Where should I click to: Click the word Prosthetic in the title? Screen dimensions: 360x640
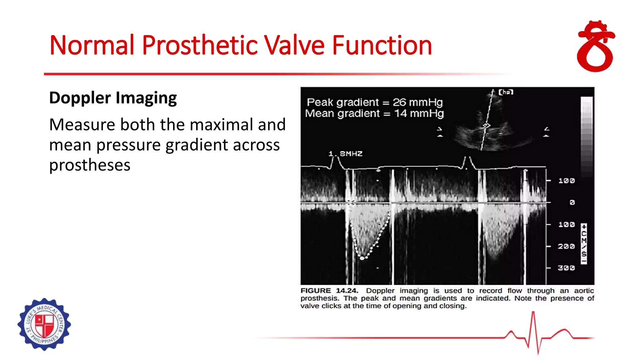200,46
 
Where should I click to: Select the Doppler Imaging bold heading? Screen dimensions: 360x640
113,98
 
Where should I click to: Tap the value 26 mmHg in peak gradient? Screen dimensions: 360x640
417,102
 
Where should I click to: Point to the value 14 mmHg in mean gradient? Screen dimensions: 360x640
419,113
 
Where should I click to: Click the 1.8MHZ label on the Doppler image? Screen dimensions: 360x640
345,154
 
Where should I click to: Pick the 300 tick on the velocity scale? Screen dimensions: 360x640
566,268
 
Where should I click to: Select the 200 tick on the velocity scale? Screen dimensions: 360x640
566,247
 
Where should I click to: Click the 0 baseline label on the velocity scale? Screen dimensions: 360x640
572,203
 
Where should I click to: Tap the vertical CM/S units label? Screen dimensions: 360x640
584,244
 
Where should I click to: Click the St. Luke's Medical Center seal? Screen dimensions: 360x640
44,324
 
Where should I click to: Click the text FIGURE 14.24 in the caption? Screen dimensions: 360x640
329,291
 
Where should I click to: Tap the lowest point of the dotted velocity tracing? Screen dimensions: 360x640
362,258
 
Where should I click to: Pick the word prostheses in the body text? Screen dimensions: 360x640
90,165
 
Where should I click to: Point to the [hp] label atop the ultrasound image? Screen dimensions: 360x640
506,92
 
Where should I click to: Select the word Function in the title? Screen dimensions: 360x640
382,46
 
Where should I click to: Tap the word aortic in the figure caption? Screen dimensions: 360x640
584,291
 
